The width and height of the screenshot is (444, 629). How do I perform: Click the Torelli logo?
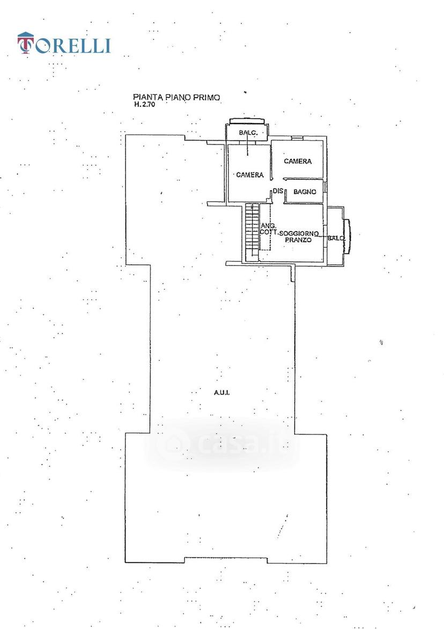coord(64,44)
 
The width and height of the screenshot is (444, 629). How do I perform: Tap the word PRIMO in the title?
coord(207,97)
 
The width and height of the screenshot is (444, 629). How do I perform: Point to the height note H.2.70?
coord(144,105)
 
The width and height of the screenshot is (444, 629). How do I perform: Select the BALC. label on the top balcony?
coord(247,133)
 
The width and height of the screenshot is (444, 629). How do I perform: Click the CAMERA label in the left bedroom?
coord(250,175)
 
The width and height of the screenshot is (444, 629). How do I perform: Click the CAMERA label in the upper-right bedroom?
coord(298,161)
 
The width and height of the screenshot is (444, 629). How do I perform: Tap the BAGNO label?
coord(305,192)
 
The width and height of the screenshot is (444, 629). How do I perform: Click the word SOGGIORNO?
coord(299,234)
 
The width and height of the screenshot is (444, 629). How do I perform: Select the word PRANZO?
coord(298,240)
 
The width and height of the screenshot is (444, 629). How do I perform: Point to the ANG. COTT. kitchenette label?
coord(269,229)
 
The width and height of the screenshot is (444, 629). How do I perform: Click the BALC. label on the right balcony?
coord(336,238)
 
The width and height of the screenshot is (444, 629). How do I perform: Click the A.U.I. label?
coord(221,393)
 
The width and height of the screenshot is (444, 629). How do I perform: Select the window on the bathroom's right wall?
coord(325,187)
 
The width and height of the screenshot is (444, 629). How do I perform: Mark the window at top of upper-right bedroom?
coord(297,139)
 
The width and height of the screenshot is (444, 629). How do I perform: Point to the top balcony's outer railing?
coord(247,121)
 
